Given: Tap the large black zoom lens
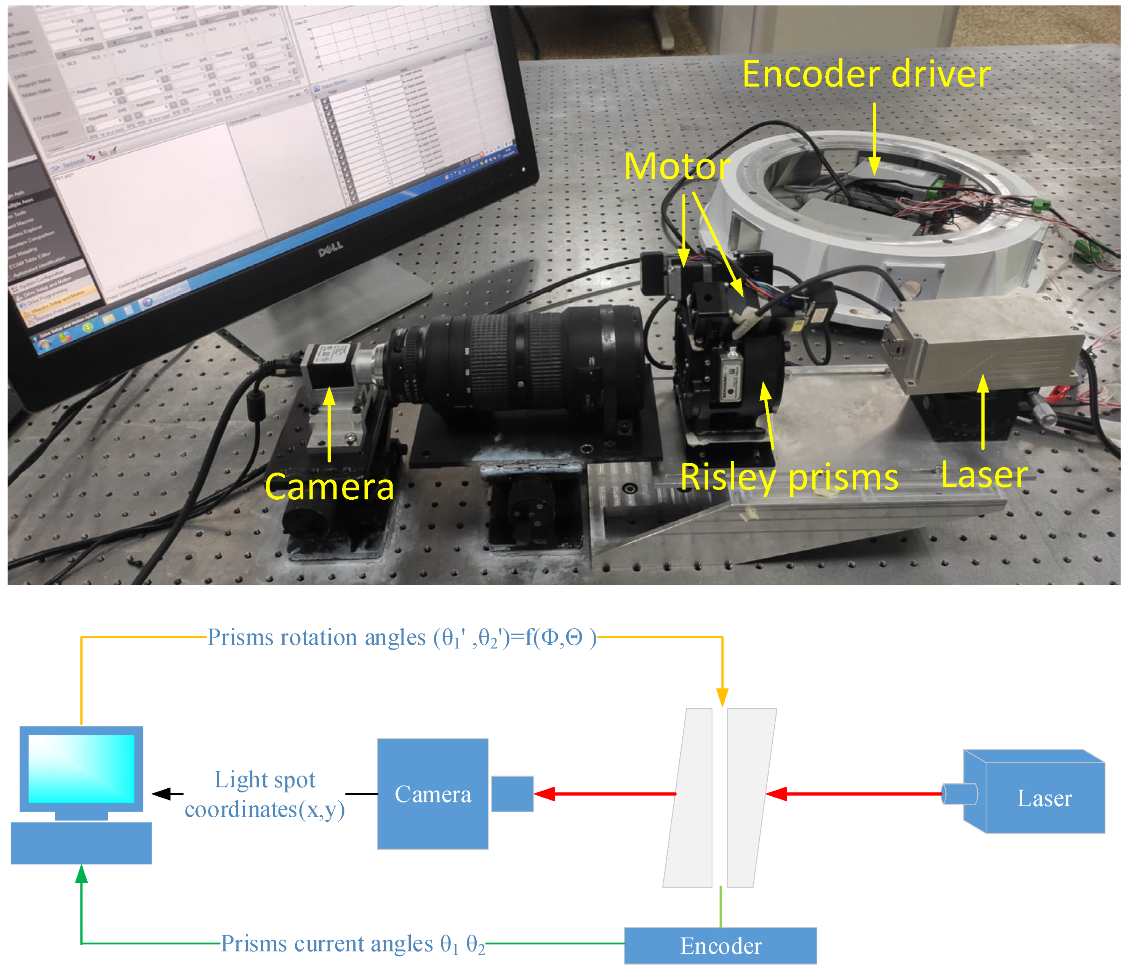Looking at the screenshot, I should [x=523, y=360].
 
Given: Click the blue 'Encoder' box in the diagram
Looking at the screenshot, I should [x=720, y=946].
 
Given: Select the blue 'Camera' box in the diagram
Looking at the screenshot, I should [x=432, y=794].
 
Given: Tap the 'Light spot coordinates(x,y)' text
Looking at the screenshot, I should [x=265, y=794].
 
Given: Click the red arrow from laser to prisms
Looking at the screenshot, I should [x=855, y=794].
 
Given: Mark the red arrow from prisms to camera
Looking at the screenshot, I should [x=605, y=794].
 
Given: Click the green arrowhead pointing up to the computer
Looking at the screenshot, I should [x=81, y=874].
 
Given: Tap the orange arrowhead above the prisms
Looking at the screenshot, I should [x=722, y=698].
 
